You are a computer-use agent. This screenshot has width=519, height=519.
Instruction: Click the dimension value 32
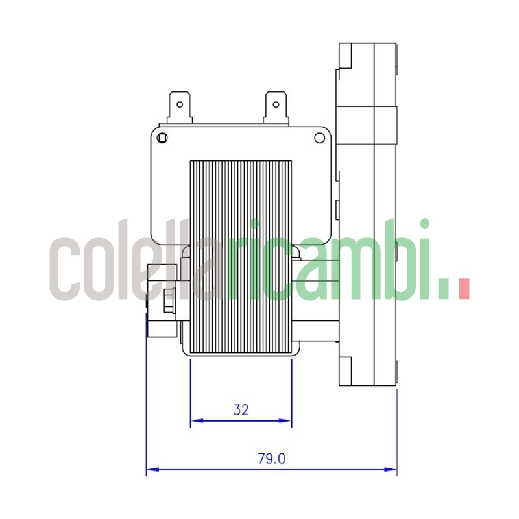241,409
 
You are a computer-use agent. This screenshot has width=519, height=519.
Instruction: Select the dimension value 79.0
272,459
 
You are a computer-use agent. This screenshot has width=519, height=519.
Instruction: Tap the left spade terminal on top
178,107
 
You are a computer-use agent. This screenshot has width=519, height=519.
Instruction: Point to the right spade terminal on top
275,107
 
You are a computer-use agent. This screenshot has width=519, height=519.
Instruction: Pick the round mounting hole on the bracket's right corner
319,138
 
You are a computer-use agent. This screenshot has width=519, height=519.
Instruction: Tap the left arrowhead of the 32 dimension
195,421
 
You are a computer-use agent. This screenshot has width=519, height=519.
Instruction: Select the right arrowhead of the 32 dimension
287,421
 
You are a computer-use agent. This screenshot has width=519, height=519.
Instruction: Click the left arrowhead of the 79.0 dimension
151,469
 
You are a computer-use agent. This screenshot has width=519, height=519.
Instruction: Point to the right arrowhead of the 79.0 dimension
392,469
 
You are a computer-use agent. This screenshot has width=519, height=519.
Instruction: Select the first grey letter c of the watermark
66,269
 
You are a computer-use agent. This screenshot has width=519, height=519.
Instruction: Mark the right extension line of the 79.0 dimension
396,428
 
